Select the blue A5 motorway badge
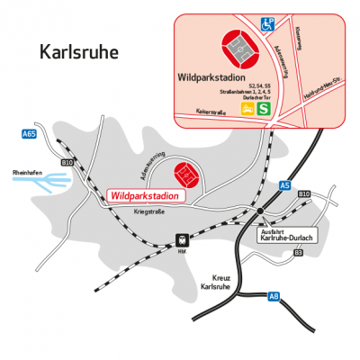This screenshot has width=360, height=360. point(285,185)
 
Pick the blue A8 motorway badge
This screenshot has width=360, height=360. point(275,296)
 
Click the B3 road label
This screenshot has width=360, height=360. point(297,254)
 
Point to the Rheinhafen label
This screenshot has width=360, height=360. point(28,171)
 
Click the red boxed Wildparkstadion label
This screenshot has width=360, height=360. point(142,195)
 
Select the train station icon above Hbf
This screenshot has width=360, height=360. point(182,240)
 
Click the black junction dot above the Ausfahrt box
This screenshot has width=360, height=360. point(259,211)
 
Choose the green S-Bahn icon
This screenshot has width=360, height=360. point(265,108)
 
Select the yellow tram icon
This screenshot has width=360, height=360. point(247,108)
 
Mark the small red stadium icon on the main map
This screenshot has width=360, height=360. point(184,171)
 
